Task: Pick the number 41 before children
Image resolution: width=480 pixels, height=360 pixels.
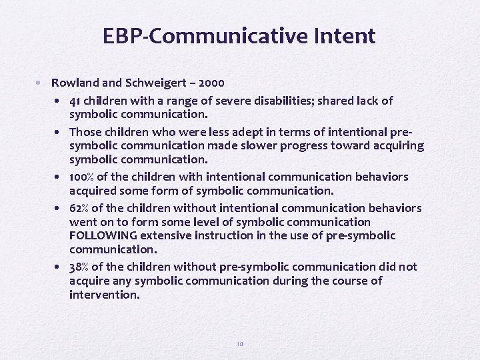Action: (75, 101)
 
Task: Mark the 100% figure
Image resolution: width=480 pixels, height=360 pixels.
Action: (82, 177)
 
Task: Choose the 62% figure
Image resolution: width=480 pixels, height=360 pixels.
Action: (79, 208)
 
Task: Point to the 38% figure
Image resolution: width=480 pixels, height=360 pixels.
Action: (79, 267)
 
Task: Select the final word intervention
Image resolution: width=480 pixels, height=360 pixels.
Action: (105, 294)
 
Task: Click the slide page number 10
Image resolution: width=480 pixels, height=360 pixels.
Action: (240, 344)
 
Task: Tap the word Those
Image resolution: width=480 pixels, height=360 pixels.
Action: (85, 132)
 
